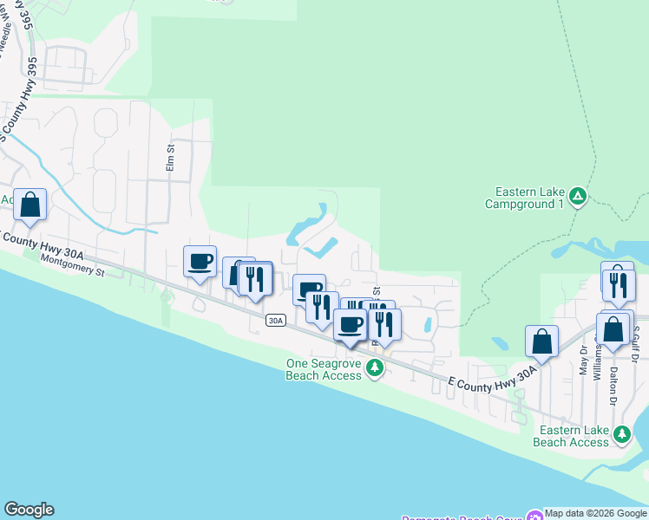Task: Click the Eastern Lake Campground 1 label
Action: (x=529, y=198)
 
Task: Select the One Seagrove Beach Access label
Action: (x=324, y=369)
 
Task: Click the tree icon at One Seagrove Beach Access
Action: (x=375, y=368)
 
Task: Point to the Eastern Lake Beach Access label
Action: (x=574, y=436)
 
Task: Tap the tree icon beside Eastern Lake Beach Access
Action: (x=621, y=433)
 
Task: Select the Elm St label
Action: (x=171, y=159)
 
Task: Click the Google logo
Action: (x=29, y=510)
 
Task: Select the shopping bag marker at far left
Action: (x=29, y=205)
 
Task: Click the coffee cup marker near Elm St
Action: (x=200, y=261)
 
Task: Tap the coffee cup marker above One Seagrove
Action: (x=350, y=324)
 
